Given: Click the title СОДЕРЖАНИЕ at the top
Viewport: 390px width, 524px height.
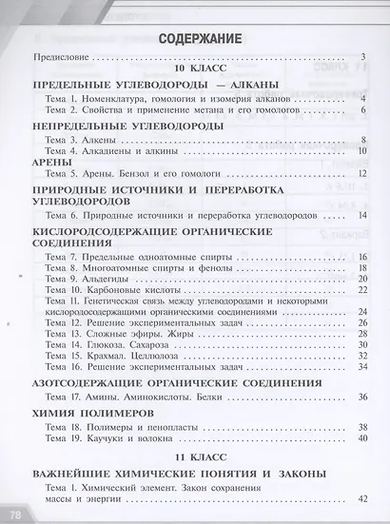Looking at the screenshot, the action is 195,39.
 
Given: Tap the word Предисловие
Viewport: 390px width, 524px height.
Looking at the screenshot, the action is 60,58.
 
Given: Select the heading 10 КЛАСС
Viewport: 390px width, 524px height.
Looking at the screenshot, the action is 196,71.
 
